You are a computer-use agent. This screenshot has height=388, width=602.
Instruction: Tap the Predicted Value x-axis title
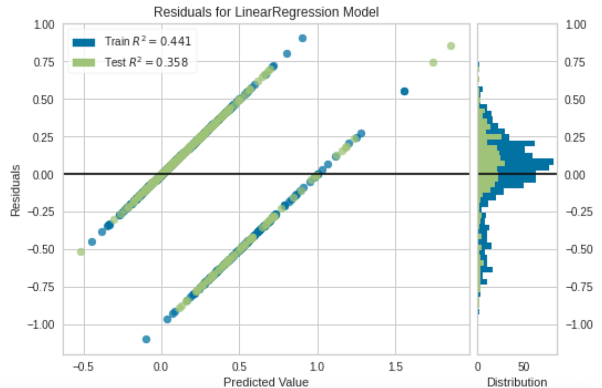click(x=265, y=381)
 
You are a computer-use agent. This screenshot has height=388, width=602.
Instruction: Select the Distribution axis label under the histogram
click(x=517, y=381)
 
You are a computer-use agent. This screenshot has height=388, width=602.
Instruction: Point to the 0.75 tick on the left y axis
click(x=45, y=62)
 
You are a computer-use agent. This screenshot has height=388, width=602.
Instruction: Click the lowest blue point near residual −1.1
click(x=146, y=339)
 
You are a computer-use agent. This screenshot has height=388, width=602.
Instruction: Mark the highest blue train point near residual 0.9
click(x=303, y=38)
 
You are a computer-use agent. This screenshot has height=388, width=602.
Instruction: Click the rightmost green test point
click(x=450, y=46)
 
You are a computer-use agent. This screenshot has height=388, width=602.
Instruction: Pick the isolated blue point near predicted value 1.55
click(x=404, y=91)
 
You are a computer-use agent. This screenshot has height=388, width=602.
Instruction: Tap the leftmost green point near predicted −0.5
click(x=81, y=252)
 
